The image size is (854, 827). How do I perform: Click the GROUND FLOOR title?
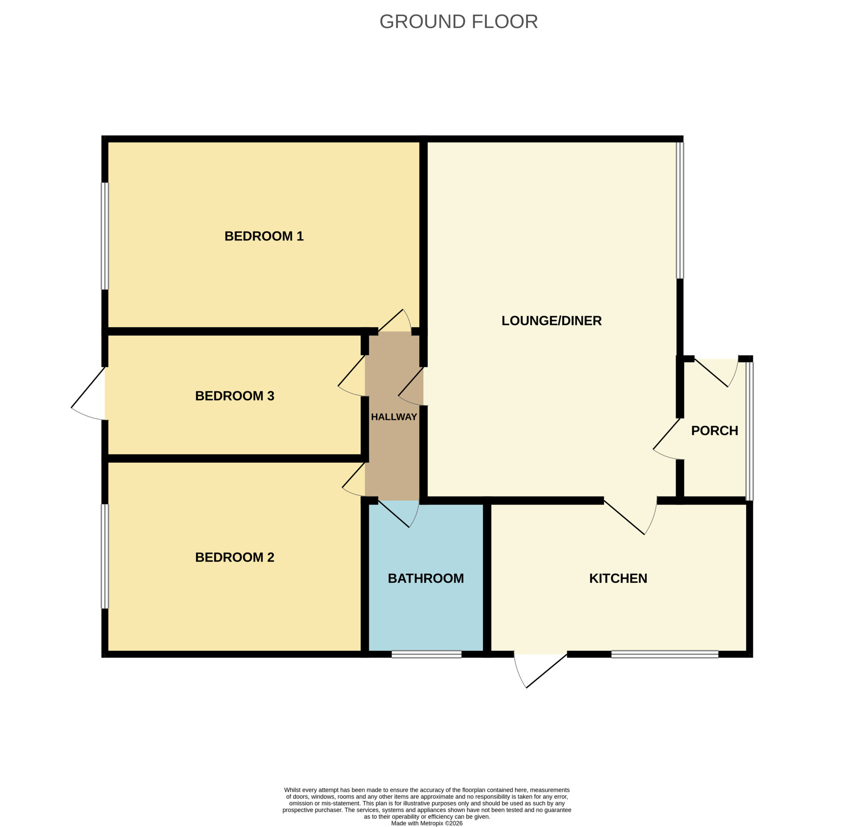458,22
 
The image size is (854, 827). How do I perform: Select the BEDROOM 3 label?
235,396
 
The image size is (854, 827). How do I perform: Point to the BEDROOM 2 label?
235,557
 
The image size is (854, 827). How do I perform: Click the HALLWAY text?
394,417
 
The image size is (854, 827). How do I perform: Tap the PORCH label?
715,430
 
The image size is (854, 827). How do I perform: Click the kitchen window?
665,654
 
